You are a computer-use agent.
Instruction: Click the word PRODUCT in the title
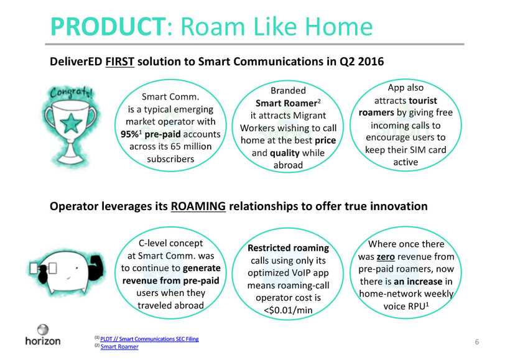108,27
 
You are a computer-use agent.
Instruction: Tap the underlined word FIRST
119,62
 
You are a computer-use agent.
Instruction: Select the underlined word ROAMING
198,206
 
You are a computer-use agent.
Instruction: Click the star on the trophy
71,123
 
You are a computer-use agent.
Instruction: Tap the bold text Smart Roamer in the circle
286,103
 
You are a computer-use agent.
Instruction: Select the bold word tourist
423,101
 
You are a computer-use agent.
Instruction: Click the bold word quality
285,153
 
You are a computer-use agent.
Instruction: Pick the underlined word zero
386,257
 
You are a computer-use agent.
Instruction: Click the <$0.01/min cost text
288,310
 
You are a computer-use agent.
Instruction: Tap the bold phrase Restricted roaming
288,248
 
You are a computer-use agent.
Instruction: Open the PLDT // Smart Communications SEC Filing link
149,339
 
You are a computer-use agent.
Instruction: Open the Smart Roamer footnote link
119,347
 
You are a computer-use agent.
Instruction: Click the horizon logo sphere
43,330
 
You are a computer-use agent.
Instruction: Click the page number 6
477,342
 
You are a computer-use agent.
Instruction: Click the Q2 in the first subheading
346,62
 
